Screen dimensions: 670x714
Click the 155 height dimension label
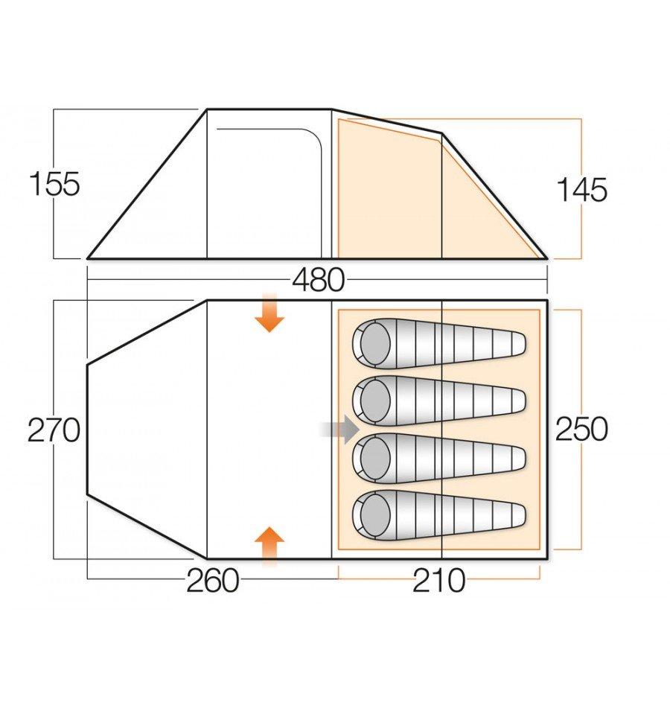(x=54, y=184)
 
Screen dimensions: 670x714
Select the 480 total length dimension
(x=318, y=280)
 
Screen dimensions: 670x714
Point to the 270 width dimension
(x=54, y=430)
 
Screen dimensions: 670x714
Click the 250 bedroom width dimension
(x=581, y=429)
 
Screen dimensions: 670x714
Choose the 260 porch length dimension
(x=213, y=581)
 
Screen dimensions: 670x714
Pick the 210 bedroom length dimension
(x=438, y=581)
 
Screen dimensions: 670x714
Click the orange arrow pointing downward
(x=269, y=313)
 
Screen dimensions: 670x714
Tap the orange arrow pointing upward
(x=269, y=546)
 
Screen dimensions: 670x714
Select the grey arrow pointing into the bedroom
(x=340, y=429)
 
